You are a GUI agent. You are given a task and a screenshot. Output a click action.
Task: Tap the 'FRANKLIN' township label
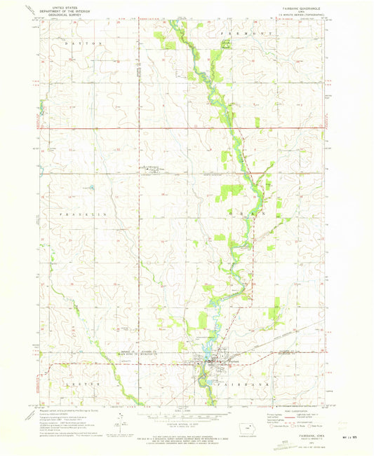[x=76, y=212]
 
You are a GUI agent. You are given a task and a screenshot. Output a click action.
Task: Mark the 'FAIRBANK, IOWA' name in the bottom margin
[x=295, y=436]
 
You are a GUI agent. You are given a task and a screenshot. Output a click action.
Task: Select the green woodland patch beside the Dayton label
[x=168, y=45]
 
